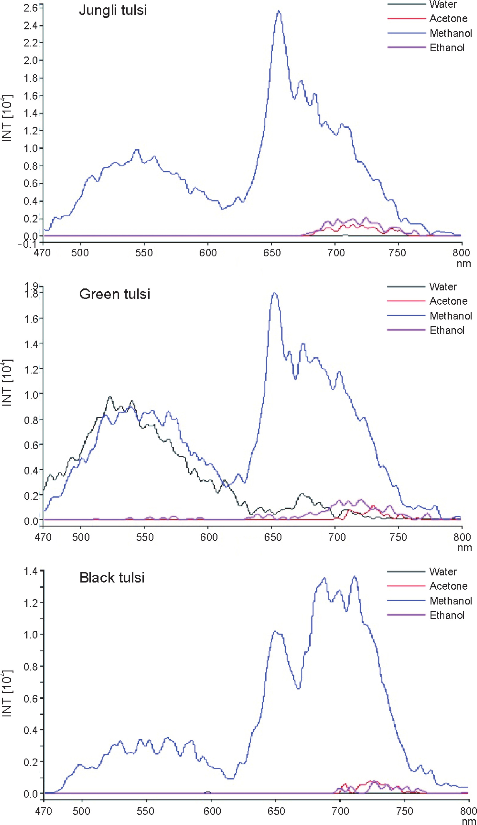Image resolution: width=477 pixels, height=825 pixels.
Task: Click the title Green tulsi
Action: (115, 294)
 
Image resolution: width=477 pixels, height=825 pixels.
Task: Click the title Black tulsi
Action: (112, 577)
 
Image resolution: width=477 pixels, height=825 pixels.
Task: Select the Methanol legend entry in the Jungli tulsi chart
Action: (450, 33)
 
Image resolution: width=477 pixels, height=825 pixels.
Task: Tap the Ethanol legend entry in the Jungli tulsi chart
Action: (447, 48)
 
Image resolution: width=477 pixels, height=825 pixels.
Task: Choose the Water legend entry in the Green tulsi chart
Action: (443, 286)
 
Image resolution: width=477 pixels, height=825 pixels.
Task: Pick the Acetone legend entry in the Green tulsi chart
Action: (448, 301)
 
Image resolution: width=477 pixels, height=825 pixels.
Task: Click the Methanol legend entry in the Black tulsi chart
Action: (450, 601)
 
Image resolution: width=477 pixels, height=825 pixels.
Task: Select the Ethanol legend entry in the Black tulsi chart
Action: (447, 615)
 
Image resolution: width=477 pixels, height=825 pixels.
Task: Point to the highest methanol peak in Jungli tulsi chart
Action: (279, 11)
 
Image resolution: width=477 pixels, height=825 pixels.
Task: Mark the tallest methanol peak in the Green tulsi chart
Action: (275, 293)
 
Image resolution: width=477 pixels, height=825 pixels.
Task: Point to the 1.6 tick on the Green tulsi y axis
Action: (31, 319)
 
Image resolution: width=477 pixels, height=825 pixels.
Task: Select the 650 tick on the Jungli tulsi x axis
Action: (272, 253)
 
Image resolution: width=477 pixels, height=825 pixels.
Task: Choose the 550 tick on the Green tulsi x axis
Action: (145, 537)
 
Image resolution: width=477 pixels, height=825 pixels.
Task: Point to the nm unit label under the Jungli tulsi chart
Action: (464, 264)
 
